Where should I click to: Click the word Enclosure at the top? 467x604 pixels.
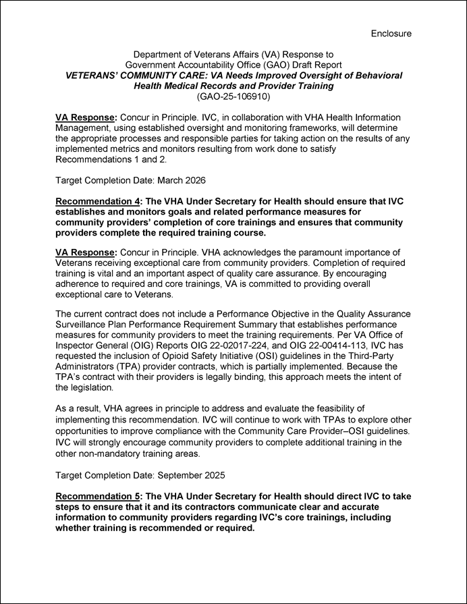(x=391, y=33)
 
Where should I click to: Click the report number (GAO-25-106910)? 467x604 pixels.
(x=233, y=97)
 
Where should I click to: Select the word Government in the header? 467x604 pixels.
(x=152, y=65)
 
